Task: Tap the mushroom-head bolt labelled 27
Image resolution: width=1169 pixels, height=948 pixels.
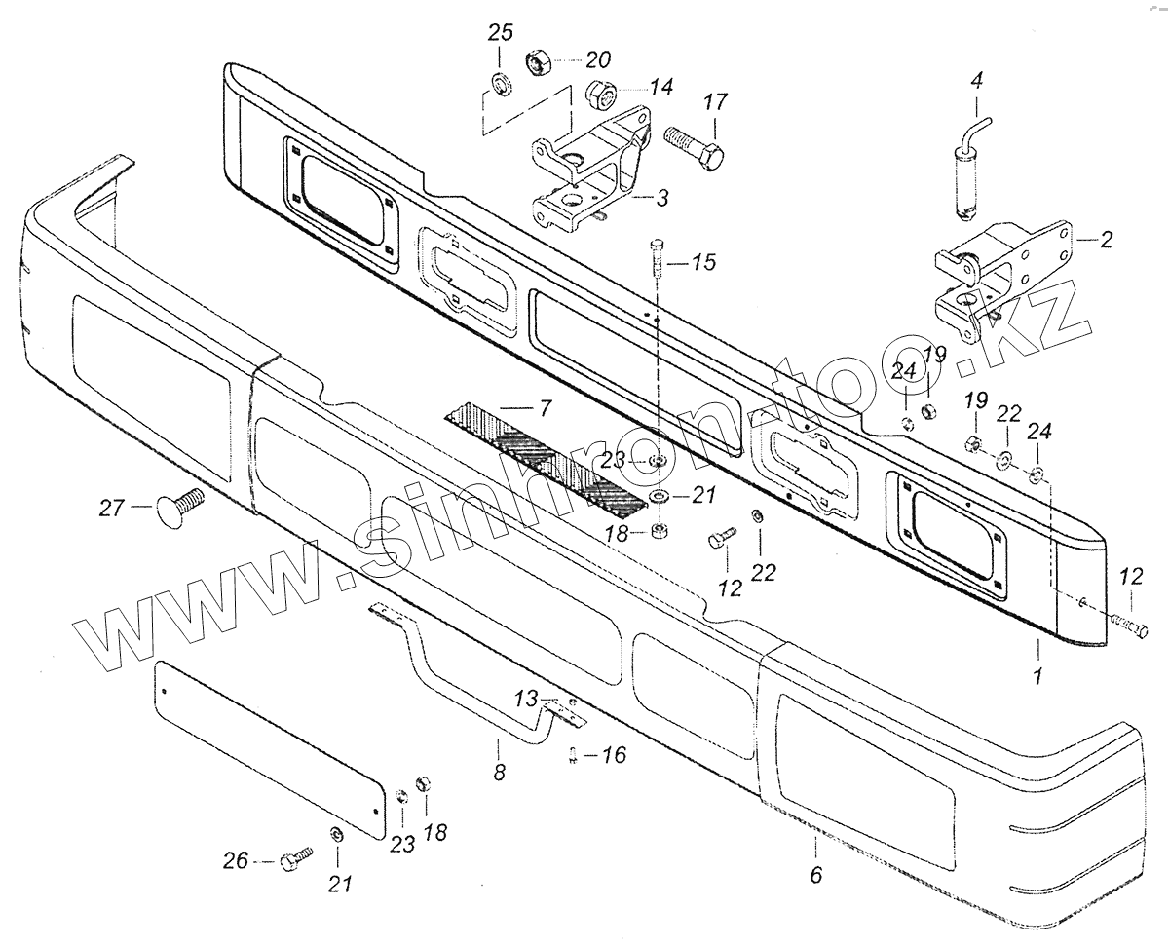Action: [x=175, y=506]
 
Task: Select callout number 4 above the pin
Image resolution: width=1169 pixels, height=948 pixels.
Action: [x=975, y=82]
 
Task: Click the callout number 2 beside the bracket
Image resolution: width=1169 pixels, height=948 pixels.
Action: [x=1106, y=238]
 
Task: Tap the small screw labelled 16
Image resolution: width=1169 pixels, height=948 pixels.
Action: [x=574, y=755]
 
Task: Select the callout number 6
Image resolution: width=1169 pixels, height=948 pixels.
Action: [x=815, y=875]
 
